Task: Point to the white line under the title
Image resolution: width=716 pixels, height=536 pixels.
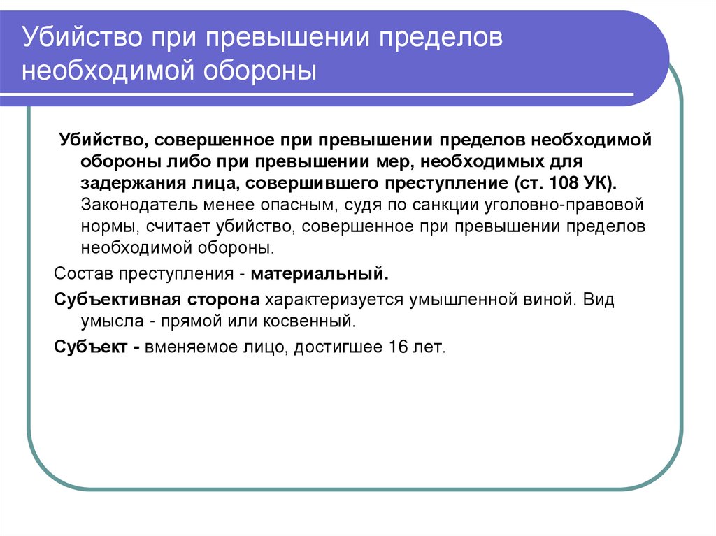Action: click(x=329, y=95)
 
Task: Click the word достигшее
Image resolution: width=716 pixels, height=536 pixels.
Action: click(x=336, y=347)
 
